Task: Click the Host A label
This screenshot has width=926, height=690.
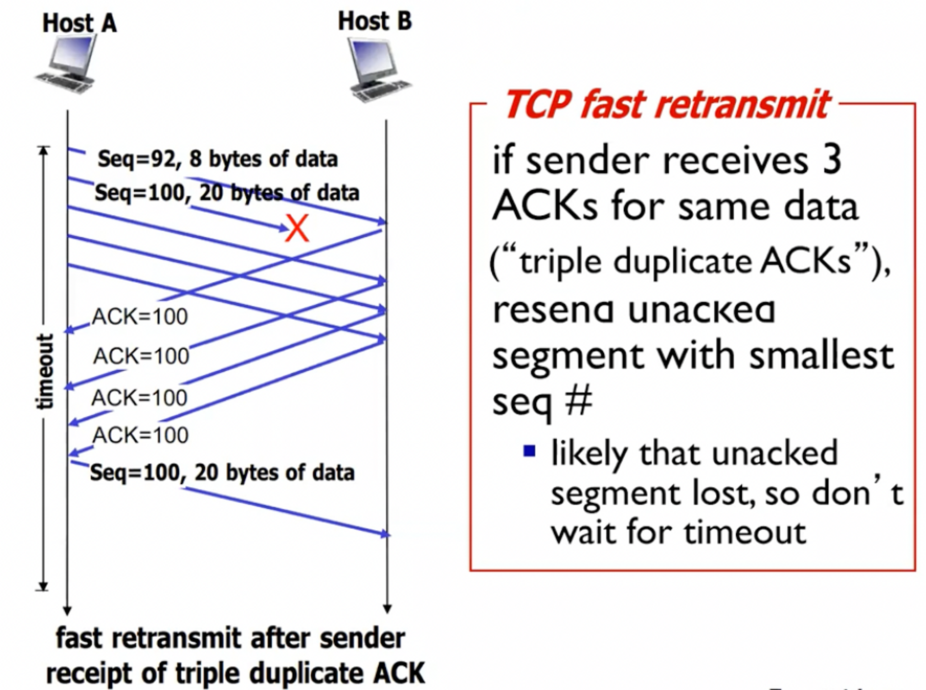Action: [x=79, y=23]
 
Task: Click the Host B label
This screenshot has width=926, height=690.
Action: [x=375, y=21]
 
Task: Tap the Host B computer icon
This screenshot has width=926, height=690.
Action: [x=377, y=70]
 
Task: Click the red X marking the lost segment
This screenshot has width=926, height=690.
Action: [x=297, y=228]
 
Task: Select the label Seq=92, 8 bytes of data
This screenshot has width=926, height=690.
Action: [x=218, y=159]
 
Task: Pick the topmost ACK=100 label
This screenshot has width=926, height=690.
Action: [x=140, y=317]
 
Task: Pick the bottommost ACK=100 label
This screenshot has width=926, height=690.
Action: [x=140, y=435]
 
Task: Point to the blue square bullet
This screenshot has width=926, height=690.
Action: [x=529, y=450]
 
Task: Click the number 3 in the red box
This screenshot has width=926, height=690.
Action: [x=832, y=160]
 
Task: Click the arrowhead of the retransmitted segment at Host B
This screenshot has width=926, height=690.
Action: [x=385, y=534]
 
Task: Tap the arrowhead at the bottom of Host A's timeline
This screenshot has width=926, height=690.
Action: [x=67, y=610]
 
